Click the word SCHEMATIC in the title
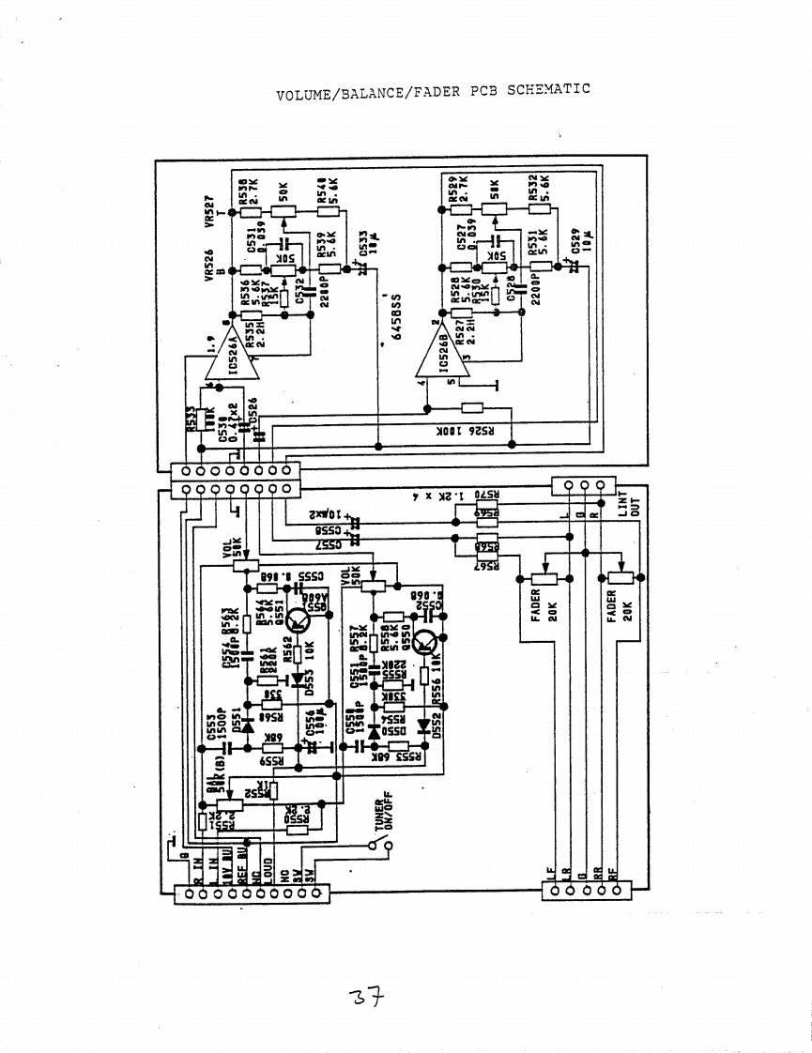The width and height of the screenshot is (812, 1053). point(548,90)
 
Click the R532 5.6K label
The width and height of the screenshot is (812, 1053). point(538,191)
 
